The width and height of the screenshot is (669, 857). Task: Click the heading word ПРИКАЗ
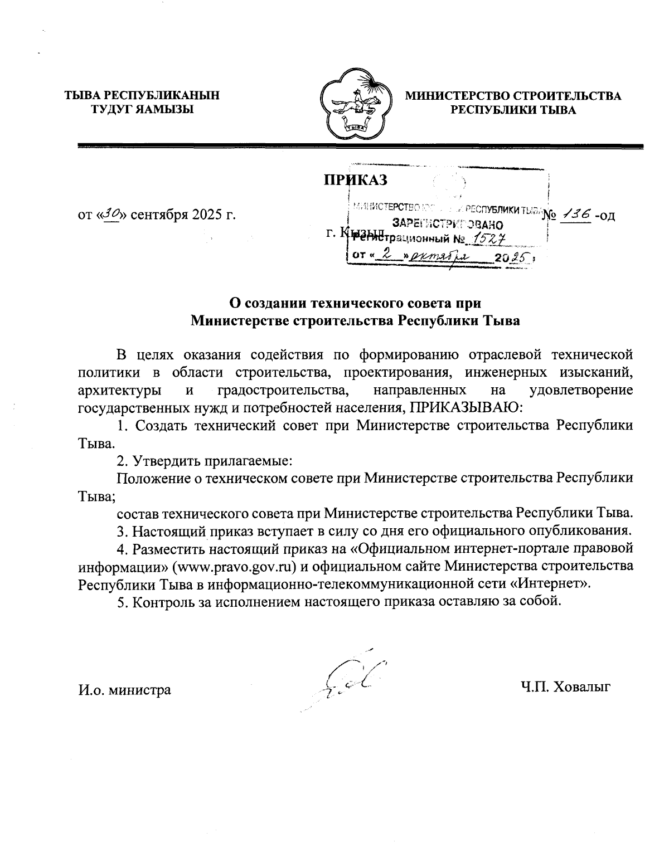356,179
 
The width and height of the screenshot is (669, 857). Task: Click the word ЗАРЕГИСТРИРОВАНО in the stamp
448,225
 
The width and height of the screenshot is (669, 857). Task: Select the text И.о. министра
124,690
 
